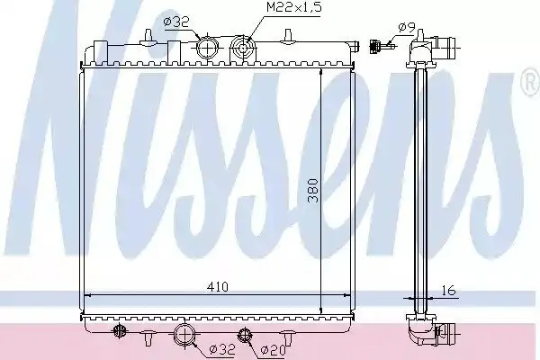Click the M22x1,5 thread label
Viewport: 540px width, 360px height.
293,7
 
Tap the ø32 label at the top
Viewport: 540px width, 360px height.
176,22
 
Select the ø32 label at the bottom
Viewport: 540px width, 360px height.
223,350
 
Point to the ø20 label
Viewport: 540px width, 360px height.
273,350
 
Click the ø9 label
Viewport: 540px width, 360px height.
407,27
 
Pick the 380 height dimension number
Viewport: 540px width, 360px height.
312,191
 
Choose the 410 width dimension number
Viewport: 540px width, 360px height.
218,286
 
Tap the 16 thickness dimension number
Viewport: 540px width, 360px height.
448,291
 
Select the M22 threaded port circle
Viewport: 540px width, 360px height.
243,49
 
